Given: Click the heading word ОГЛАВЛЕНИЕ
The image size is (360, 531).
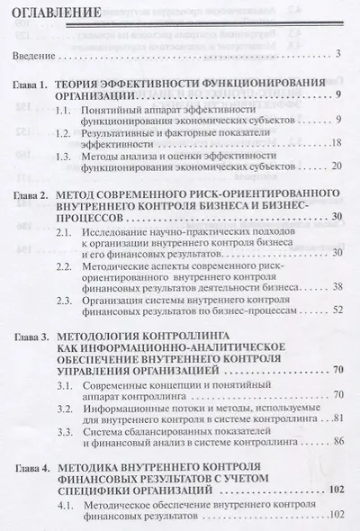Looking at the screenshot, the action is pos(58,14).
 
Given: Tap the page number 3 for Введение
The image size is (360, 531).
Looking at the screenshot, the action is pos(335,56).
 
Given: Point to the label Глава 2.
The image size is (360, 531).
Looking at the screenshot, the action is pos(36,193).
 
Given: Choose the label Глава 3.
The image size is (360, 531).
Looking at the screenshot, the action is pos(36,335).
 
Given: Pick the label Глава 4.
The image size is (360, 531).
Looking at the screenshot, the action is pos(36,468).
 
